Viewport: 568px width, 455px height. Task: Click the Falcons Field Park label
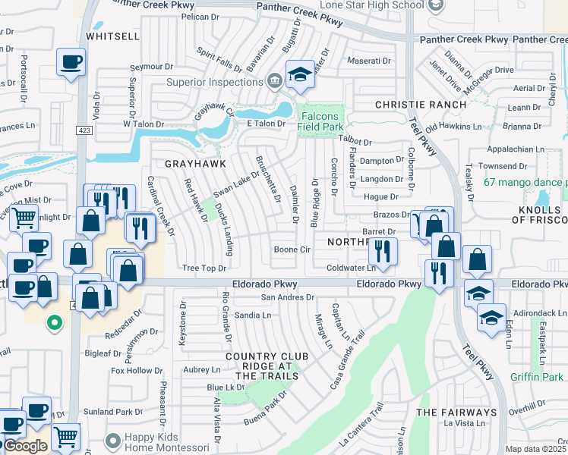point(320,122)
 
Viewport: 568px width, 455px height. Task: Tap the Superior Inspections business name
point(216,82)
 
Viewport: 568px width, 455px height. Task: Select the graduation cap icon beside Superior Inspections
point(300,74)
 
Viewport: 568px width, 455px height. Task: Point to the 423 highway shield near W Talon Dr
point(81,130)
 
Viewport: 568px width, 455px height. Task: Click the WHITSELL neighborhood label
point(112,36)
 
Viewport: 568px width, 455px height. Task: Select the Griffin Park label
point(537,377)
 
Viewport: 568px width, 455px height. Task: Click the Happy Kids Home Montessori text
point(168,444)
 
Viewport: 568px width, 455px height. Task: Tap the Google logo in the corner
point(25,446)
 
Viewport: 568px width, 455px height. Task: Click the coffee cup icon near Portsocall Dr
point(71,61)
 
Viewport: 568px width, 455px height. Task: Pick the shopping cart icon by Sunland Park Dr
point(66,437)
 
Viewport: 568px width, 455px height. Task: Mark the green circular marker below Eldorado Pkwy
point(53,322)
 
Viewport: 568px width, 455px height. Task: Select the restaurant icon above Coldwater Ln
point(383,250)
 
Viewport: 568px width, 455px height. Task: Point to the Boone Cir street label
point(292,249)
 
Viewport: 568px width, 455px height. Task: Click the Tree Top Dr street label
point(205,268)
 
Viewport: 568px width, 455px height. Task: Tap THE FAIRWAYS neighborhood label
point(456,413)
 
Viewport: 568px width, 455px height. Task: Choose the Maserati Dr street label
point(369,60)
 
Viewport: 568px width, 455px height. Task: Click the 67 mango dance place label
point(525,182)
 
